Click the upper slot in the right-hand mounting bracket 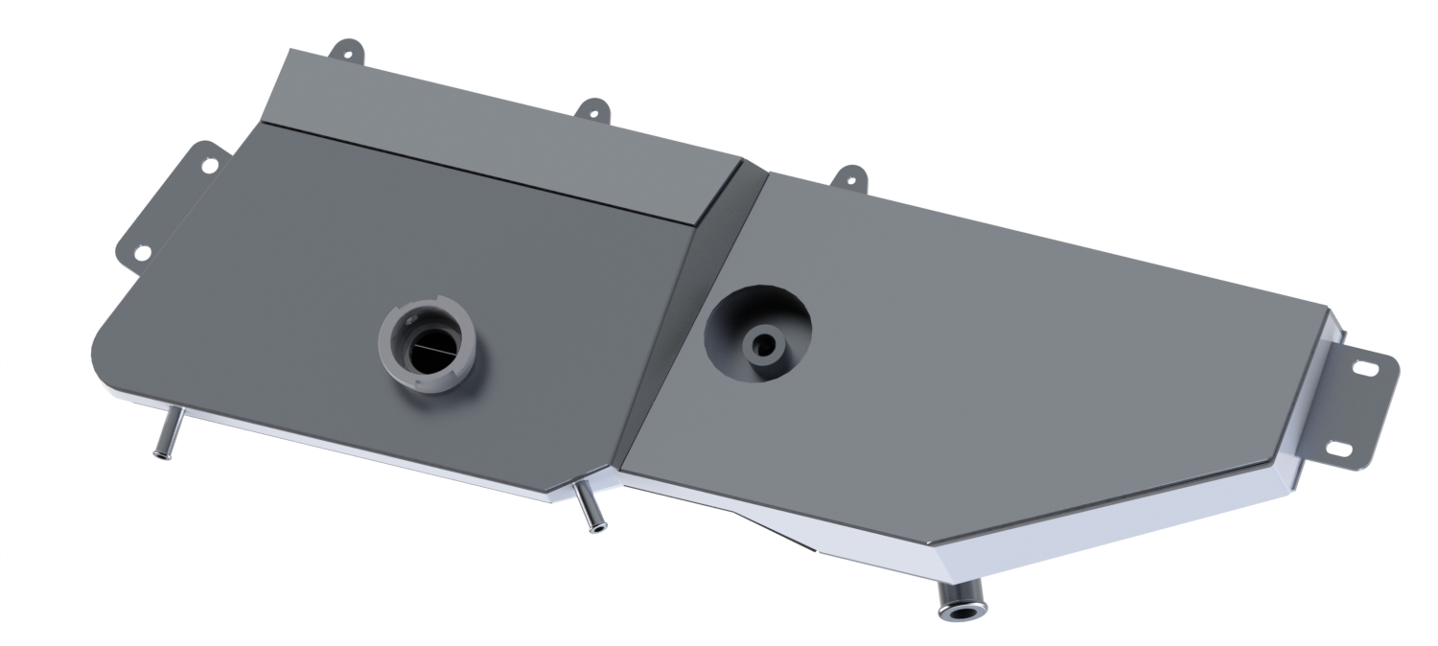click(x=1365, y=366)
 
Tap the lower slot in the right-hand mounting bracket click(x=1339, y=449)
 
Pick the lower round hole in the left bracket click(x=141, y=253)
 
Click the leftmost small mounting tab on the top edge click(x=346, y=52)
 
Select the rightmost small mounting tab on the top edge click(x=848, y=177)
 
